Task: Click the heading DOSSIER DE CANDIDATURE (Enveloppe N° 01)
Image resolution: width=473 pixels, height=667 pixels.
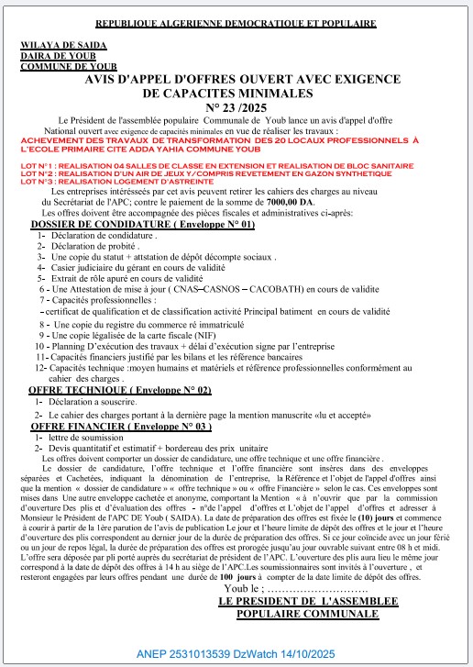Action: (143, 225)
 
